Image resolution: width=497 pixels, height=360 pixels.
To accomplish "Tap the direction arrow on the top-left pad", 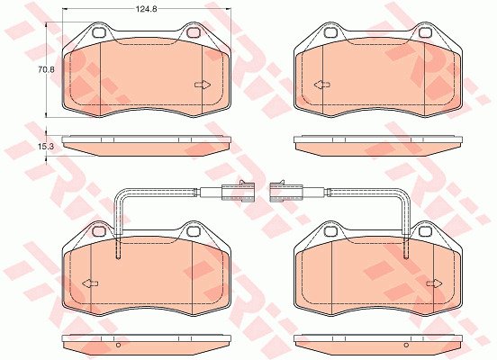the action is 203,85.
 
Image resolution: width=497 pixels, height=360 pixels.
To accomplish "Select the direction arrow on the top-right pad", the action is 322,85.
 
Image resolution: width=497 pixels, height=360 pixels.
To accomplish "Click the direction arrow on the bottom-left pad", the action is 90,283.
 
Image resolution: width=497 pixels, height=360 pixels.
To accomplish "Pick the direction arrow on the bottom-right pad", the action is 435,283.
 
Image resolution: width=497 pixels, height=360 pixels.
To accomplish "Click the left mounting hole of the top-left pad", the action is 99,32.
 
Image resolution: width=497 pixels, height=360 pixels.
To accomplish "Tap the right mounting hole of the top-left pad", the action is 193,32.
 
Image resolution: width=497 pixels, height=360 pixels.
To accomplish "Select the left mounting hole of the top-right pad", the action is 331,32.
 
